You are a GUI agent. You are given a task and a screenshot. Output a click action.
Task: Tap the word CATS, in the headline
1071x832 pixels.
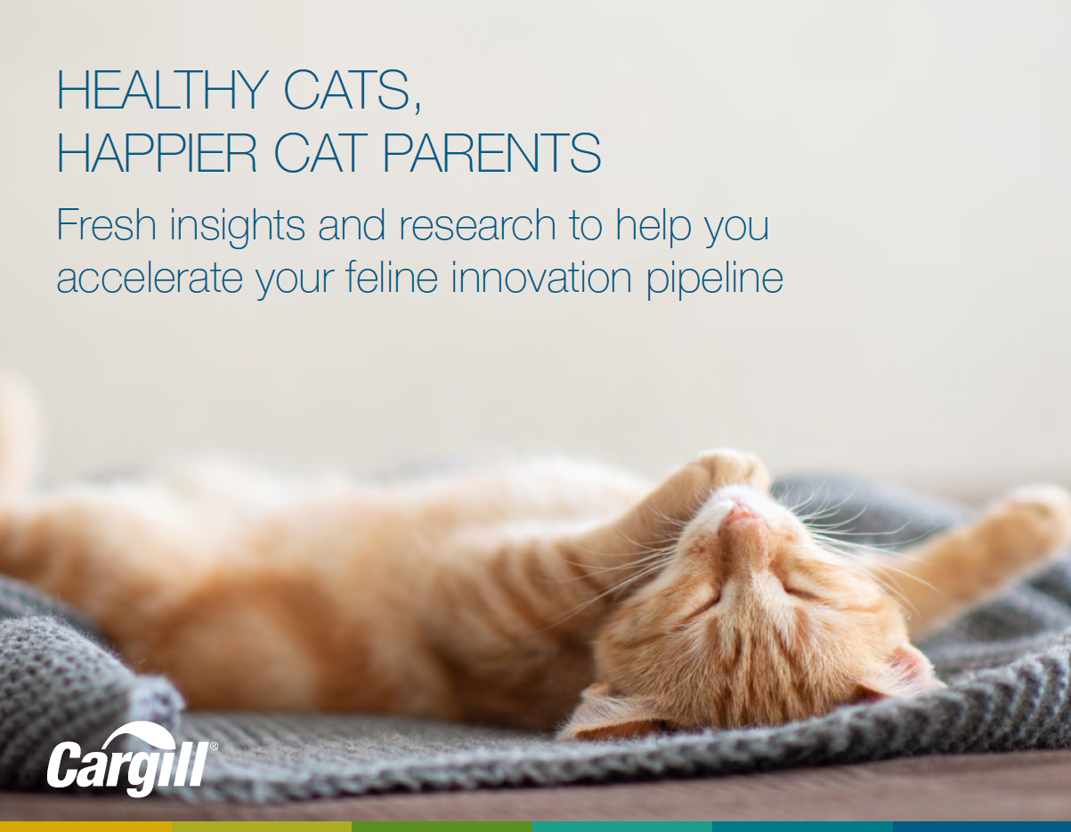pyautogui.click(x=353, y=91)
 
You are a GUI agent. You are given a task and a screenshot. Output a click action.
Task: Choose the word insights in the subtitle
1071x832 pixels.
pyautogui.click(x=238, y=227)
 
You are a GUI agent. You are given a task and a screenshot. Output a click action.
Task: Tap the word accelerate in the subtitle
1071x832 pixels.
pyautogui.click(x=150, y=278)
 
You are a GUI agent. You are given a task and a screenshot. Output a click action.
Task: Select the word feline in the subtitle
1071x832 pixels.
pyautogui.click(x=392, y=277)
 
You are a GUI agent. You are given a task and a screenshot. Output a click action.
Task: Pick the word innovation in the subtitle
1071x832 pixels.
pyautogui.click(x=541, y=278)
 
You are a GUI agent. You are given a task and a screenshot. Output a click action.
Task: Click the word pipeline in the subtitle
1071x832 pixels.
pyautogui.click(x=715, y=279)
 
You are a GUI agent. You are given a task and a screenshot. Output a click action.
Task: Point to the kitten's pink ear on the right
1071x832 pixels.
pyautogui.click(x=912, y=671)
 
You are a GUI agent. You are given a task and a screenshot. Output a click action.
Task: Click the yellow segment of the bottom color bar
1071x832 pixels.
pyautogui.click(x=85, y=827)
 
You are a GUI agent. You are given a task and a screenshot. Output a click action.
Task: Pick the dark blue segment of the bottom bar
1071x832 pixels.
pyautogui.click(x=982, y=827)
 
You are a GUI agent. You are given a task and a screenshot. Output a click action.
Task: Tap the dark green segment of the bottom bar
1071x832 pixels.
pyautogui.click(x=442, y=827)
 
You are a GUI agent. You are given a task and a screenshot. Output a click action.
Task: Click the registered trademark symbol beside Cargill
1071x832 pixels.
pyautogui.click(x=214, y=747)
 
